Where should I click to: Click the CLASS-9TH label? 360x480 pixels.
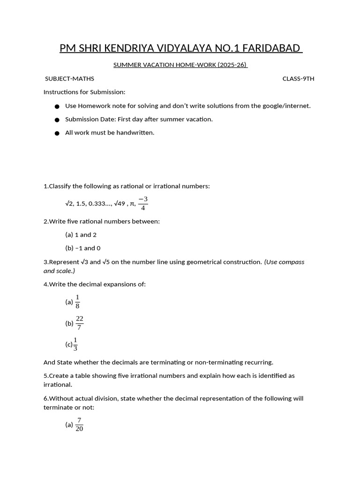298,79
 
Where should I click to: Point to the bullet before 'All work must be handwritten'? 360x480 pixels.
57,133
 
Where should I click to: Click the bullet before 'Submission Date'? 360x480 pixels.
57,120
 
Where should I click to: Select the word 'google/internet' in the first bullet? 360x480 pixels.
286,106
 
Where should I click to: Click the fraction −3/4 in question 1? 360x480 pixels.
143,203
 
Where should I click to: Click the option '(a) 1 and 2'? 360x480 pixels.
81,235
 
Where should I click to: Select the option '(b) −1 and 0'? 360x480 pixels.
82,248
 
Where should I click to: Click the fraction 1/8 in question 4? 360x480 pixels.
77,302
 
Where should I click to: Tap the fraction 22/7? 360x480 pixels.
79,323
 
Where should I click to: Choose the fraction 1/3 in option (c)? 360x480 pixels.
75,344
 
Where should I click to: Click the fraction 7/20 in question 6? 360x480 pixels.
79,425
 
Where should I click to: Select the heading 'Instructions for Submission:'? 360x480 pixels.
84,92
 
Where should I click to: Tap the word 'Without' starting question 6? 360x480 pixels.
60,398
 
